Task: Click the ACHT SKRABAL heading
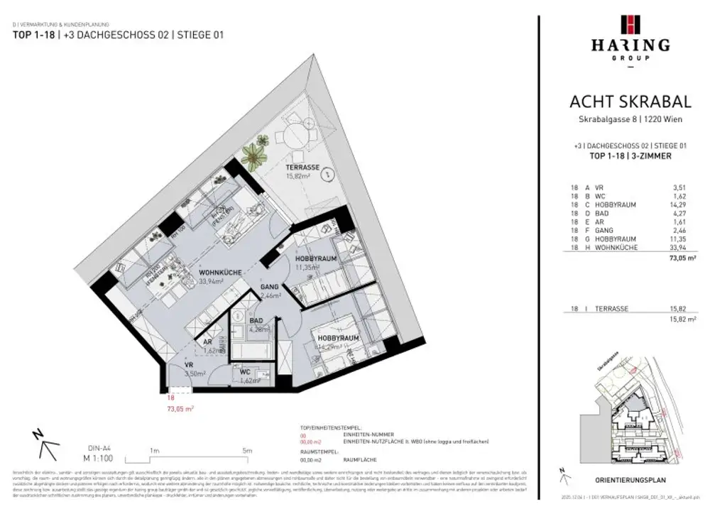630,103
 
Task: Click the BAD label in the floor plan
256,321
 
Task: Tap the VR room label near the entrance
190,364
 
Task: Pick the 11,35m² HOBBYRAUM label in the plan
316,260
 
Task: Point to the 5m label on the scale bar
246,450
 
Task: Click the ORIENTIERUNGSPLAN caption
629,479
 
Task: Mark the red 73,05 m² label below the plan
180,409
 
